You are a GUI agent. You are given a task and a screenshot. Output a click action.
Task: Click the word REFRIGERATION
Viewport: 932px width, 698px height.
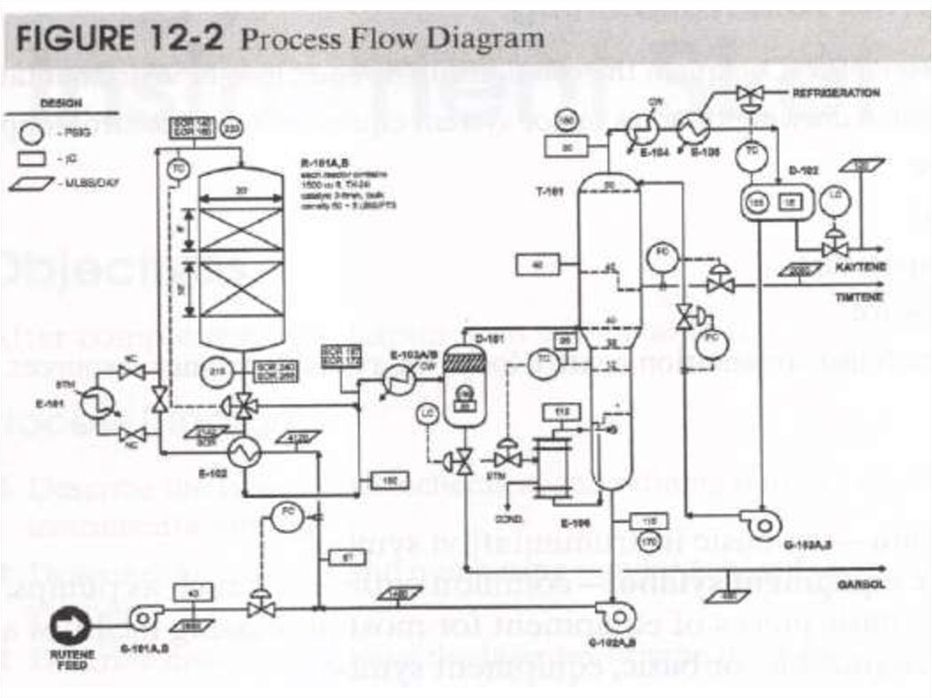coord(836,93)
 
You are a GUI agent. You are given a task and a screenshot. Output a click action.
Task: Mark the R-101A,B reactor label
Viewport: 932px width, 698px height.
coord(318,163)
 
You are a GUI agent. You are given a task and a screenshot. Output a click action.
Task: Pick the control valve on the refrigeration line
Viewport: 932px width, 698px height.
coord(751,95)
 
